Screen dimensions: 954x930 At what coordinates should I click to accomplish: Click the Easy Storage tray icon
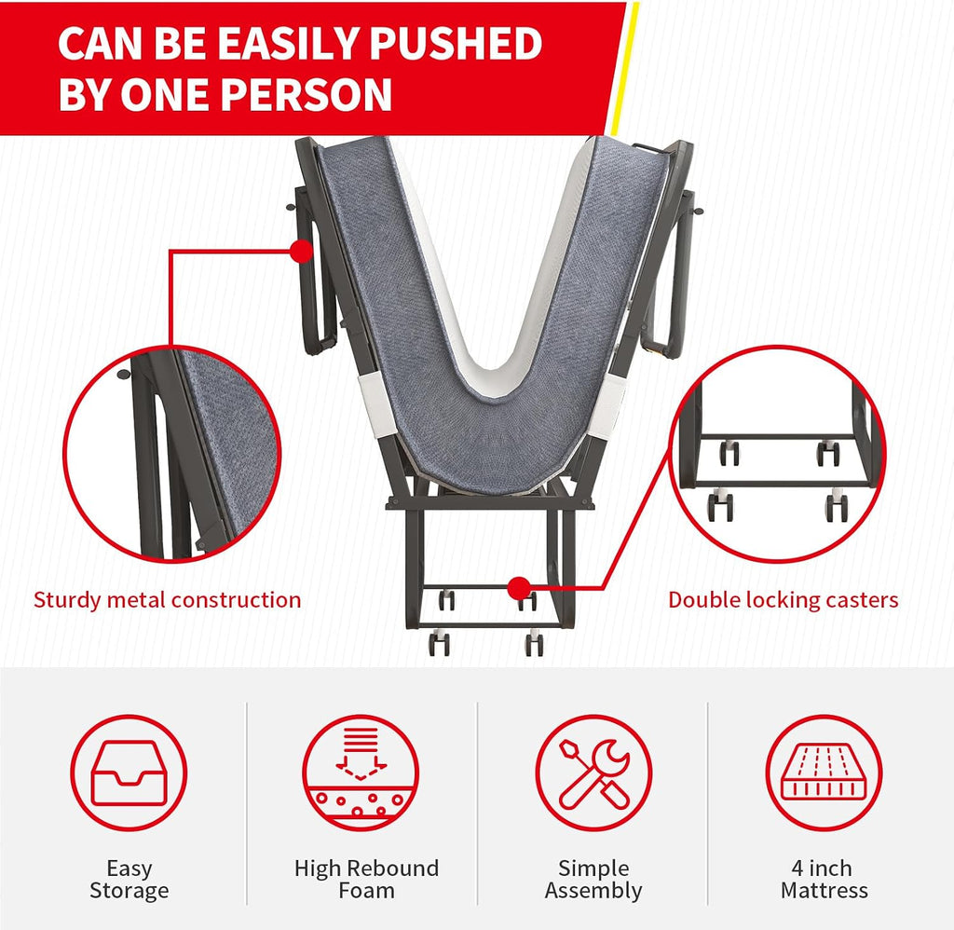[129, 773]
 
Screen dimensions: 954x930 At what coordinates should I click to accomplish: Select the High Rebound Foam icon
[361, 773]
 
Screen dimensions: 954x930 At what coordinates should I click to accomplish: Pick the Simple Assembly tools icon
[593, 773]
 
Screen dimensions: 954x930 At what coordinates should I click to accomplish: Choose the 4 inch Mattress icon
[824, 773]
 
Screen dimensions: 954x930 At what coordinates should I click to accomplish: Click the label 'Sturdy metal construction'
[168, 600]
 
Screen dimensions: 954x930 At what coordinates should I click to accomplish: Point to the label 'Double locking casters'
[783, 600]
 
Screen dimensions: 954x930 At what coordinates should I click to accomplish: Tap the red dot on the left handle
[301, 251]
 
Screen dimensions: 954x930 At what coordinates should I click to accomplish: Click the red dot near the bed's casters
[519, 589]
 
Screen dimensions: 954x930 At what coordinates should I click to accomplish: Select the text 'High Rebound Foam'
[366, 879]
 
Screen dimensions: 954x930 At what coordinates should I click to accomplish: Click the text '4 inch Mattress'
[824, 879]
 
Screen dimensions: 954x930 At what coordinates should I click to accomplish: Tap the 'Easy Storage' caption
[129, 879]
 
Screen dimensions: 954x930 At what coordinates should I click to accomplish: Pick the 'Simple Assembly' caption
[593, 879]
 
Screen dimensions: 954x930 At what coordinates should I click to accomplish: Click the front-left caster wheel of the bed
[439, 644]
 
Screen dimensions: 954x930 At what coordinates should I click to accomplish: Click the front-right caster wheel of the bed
[534, 644]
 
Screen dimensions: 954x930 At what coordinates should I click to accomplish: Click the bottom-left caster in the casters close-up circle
[720, 506]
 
